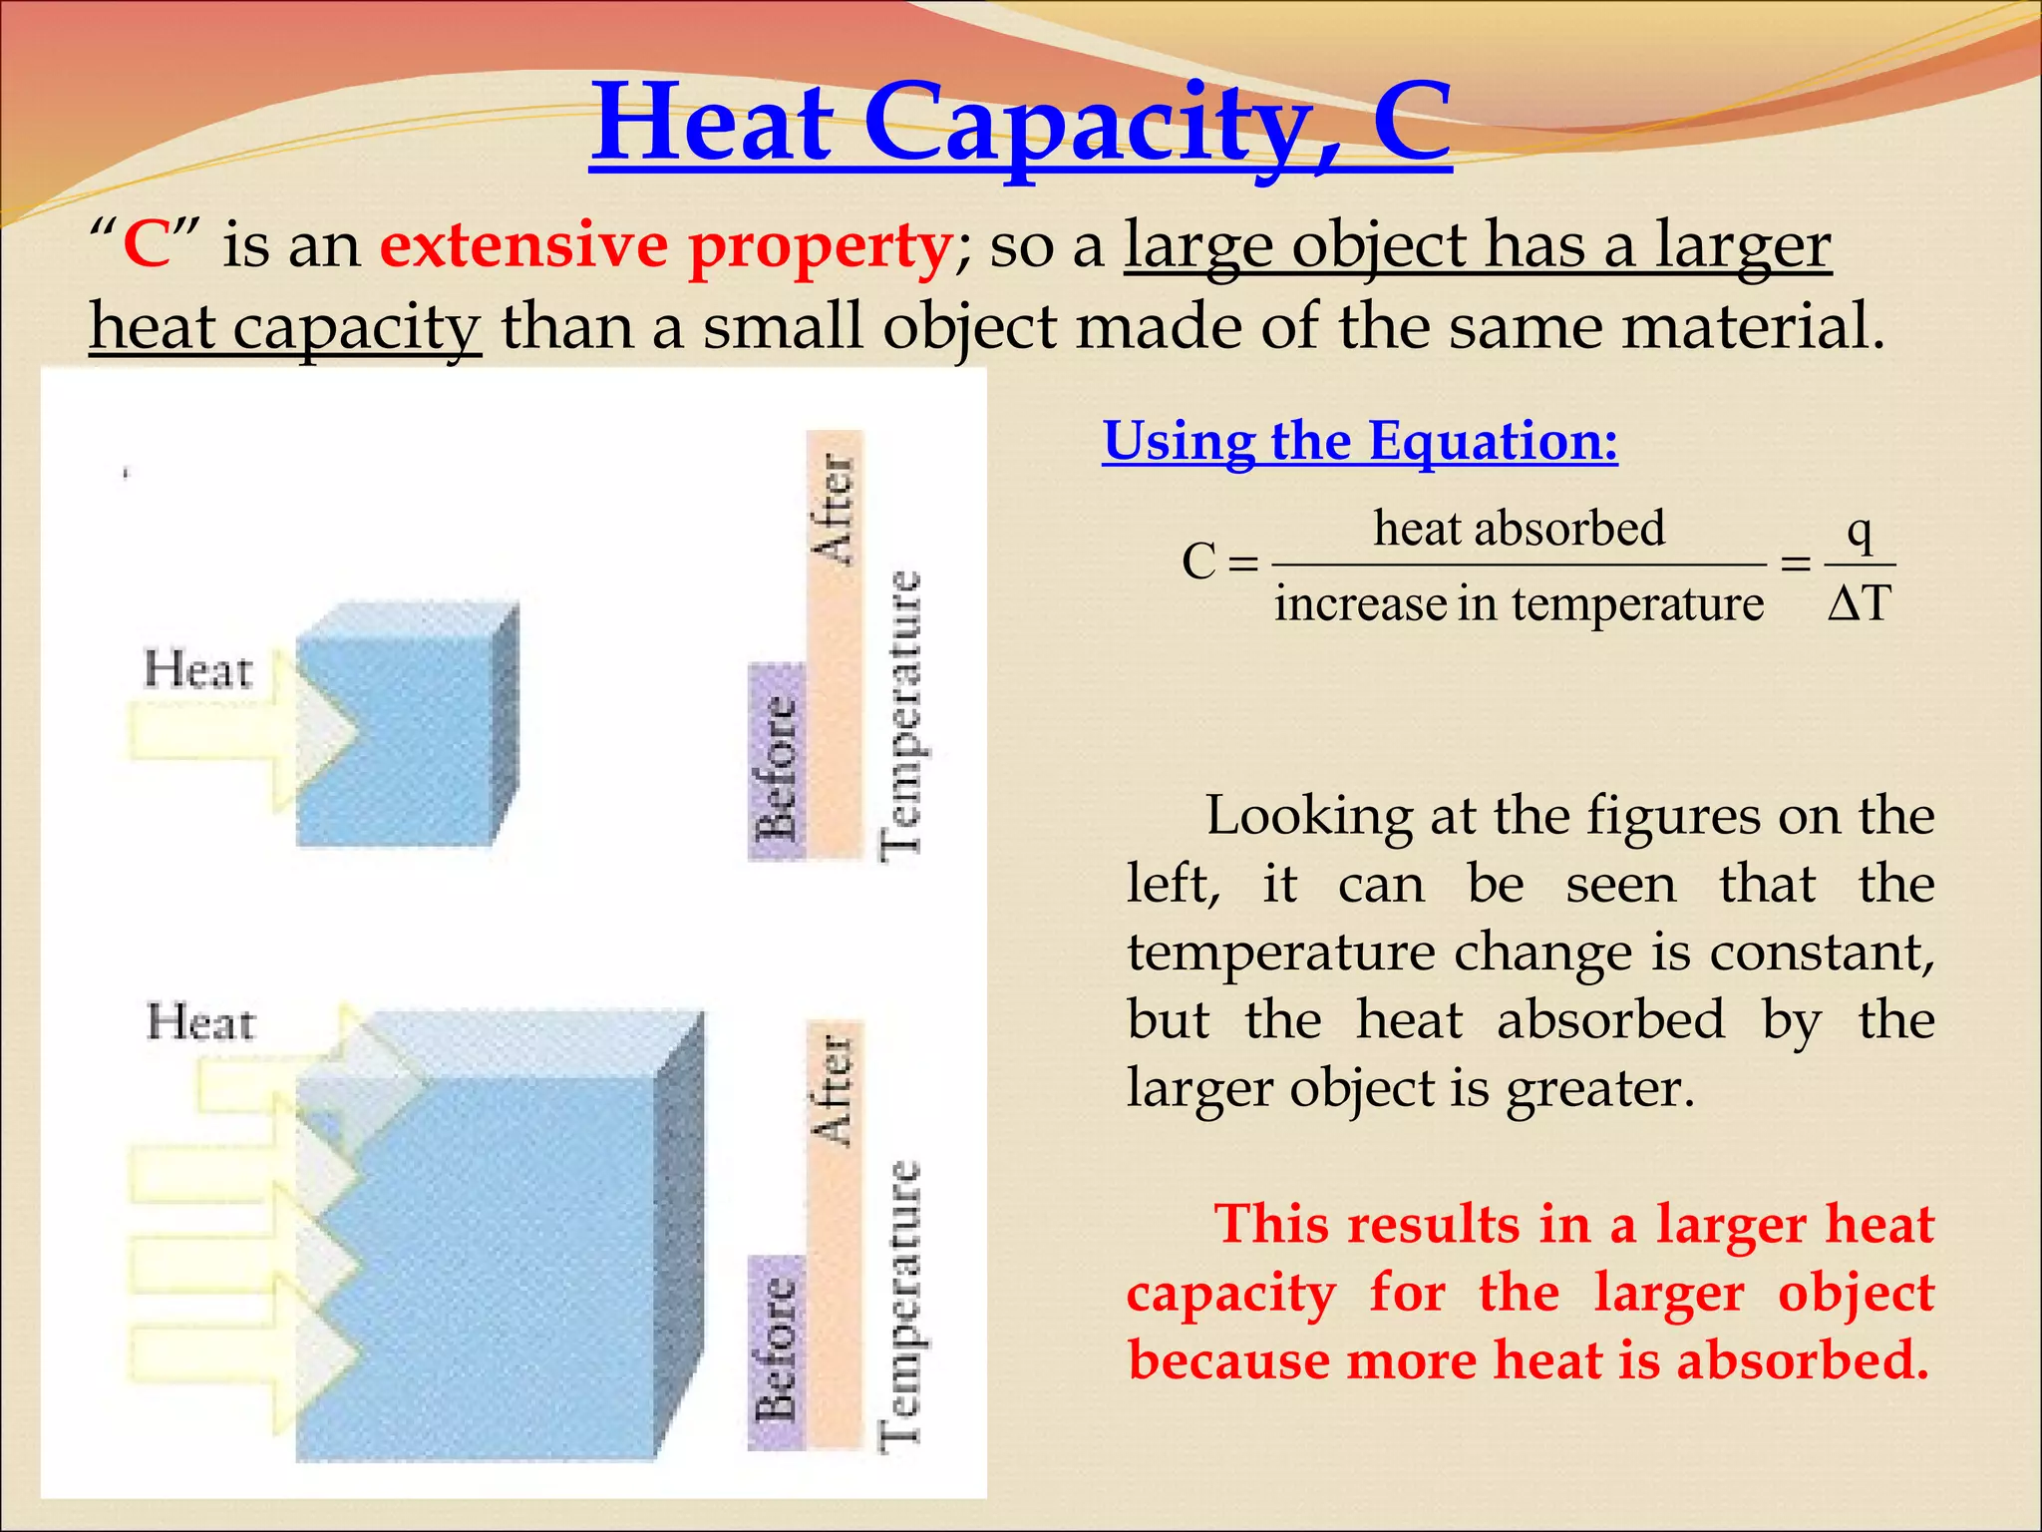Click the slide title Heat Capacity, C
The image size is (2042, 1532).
coord(1020,125)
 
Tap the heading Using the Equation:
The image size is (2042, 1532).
coord(1359,441)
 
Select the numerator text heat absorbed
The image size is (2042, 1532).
coord(1519,529)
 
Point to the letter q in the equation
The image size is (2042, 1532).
coord(1860,531)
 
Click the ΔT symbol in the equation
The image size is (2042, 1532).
coord(1860,602)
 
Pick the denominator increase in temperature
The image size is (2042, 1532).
coord(1519,603)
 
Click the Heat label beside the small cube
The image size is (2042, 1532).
coord(197,670)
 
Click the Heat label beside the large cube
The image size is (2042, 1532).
coord(200,1023)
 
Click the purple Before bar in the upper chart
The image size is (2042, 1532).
coord(777,762)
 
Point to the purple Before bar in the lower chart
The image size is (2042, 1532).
coord(777,1351)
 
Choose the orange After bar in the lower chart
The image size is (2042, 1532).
coord(834,1237)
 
